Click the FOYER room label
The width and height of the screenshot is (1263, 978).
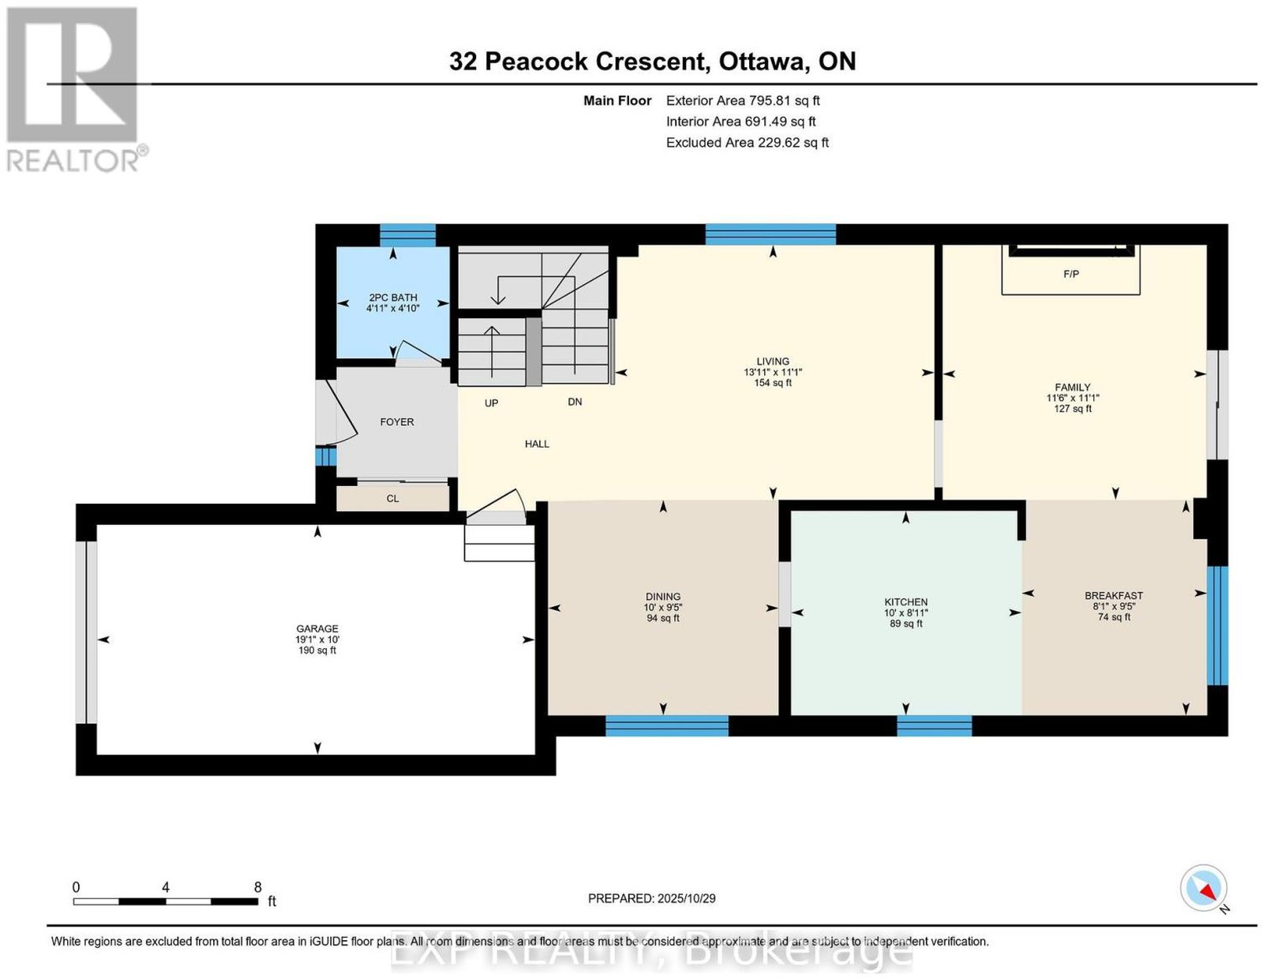click(x=397, y=422)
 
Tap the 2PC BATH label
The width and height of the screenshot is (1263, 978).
click(x=393, y=298)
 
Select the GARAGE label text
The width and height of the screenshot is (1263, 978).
click(x=317, y=629)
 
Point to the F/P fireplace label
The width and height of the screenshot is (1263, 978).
click(x=1070, y=274)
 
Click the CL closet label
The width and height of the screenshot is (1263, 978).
click(x=392, y=499)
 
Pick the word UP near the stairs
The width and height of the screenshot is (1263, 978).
click(x=491, y=403)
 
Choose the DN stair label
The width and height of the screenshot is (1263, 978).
click(x=574, y=402)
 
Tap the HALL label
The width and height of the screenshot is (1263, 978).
click(x=537, y=444)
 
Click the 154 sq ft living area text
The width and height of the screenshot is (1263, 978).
click(x=773, y=383)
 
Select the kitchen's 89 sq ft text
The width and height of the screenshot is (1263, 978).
click(x=905, y=624)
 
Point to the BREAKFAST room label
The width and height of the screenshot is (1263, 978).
click(x=1114, y=596)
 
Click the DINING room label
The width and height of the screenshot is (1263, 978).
click(x=662, y=597)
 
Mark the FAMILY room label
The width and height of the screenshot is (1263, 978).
click(x=1072, y=387)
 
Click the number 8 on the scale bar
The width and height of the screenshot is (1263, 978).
click(x=257, y=887)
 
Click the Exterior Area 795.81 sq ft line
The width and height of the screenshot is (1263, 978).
click(x=743, y=100)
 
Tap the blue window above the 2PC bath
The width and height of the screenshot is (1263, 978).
click(x=407, y=234)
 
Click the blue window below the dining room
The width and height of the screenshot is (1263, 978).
click(x=667, y=725)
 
